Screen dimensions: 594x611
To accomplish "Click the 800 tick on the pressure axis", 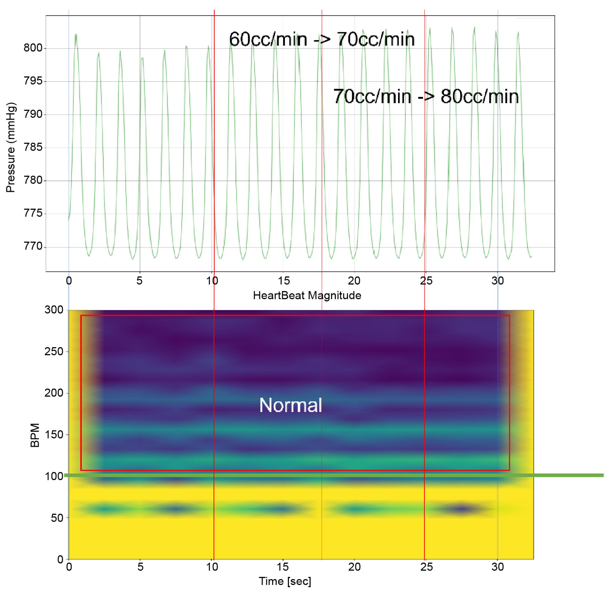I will (33, 48).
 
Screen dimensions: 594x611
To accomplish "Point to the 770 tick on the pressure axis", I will (33, 246).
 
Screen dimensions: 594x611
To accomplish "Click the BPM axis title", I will (35, 435).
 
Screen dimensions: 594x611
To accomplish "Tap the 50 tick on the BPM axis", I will (57, 518).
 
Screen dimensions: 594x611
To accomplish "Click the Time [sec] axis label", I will (285, 581).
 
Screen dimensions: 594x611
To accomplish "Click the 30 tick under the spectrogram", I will (497, 567).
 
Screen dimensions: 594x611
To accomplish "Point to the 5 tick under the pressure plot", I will (139, 281).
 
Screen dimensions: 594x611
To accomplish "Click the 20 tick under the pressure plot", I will (354, 281).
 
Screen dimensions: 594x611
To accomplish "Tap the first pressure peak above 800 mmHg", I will (76, 35).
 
